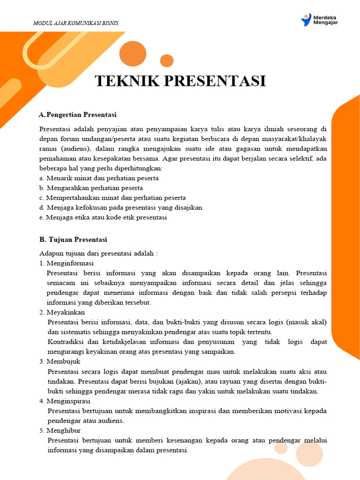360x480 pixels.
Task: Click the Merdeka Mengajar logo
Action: tap(320, 20)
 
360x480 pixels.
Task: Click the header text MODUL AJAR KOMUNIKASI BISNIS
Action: tap(76, 23)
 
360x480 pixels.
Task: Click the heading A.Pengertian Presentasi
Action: tap(78, 114)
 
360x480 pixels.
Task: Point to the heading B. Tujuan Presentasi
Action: tap(74, 240)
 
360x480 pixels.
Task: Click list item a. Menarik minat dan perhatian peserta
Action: tap(99, 178)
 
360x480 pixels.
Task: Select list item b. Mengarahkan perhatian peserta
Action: tap(91, 188)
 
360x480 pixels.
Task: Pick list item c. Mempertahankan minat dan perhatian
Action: tap(112, 198)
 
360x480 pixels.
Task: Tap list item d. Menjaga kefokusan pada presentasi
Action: tap(121, 208)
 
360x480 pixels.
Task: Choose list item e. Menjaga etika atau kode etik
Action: tap(103, 217)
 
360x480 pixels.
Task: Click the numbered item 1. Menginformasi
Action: tap(67, 263)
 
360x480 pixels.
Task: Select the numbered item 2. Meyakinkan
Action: tap(62, 312)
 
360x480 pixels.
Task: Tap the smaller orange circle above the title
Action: tap(166, 60)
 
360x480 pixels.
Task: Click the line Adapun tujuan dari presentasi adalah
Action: tap(99, 253)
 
